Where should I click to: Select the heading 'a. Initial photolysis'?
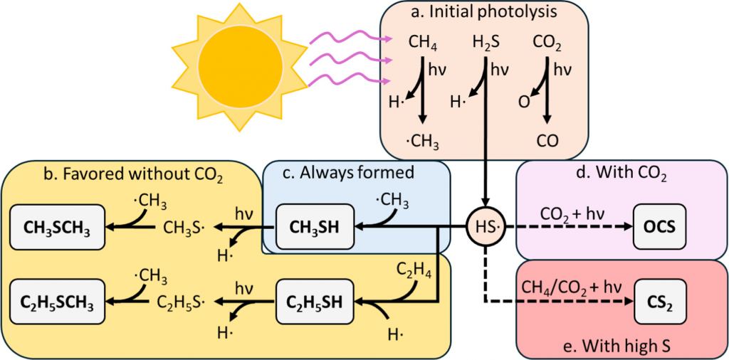click(x=483, y=14)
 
